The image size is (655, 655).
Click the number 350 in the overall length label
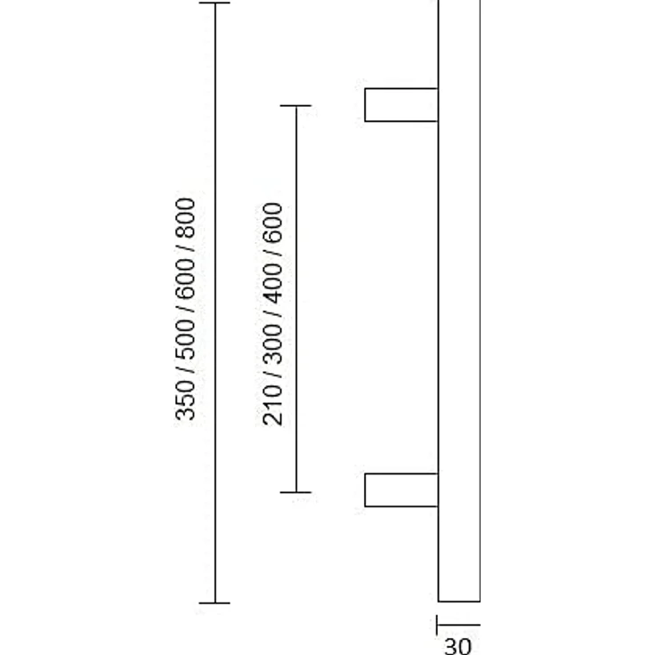tap(185, 400)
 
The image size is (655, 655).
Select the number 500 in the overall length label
tap(185, 339)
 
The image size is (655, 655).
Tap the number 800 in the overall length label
tap(185, 218)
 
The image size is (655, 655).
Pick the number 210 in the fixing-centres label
tap(273, 405)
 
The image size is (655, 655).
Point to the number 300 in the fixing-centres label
tap(273, 344)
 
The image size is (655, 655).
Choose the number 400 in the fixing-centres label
tap(273, 284)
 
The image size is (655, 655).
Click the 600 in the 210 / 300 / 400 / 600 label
tap(273, 222)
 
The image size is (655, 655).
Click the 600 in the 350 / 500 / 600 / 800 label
tap(185, 279)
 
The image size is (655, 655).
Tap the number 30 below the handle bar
tap(457, 646)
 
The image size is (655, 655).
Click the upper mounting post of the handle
tap(401, 105)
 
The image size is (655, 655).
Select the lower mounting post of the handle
tap(401, 490)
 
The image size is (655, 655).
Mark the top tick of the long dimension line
tap(214, 3)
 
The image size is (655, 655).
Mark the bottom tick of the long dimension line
tap(214, 602)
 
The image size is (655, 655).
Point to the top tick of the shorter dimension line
tap(295, 106)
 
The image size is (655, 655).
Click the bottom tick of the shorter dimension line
tap(295, 492)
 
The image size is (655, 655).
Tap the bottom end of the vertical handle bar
tap(459, 601)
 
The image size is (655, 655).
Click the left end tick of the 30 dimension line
tap(437, 625)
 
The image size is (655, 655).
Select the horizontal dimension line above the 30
tap(458, 625)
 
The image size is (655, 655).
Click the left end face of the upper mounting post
tap(365, 105)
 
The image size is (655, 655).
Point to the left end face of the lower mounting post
tap(365, 490)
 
